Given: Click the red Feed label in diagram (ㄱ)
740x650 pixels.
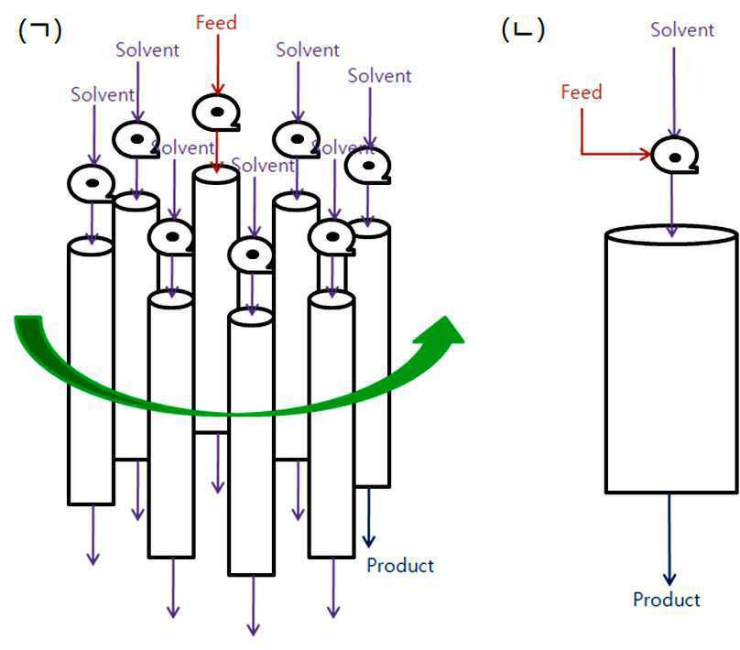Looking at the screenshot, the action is click(x=216, y=23).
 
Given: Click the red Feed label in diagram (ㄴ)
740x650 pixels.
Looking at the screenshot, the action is click(x=582, y=92).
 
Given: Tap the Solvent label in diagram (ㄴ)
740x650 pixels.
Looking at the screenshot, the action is click(x=682, y=29).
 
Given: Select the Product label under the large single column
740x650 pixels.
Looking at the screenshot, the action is click(x=667, y=600).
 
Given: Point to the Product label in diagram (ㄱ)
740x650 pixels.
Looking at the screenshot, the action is click(x=400, y=566).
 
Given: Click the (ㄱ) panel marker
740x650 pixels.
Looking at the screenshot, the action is click(x=40, y=30).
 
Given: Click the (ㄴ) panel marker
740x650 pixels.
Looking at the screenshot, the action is click(x=523, y=30).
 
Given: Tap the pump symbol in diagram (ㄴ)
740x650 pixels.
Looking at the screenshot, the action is click(x=674, y=156).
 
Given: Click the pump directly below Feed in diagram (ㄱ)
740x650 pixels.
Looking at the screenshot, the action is click(x=216, y=113).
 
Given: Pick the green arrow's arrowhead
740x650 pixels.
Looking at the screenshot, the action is click(x=441, y=330).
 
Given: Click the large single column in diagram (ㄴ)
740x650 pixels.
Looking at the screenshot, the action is click(x=671, y=360).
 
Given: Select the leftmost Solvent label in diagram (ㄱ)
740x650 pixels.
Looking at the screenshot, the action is click(x=103, y=95).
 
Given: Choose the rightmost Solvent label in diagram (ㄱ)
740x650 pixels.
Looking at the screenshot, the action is click(x=379, y=76).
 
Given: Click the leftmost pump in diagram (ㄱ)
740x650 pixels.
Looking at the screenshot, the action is click(x=92, y=184).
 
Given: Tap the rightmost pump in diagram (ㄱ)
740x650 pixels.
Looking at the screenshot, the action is click(x=367, y=166).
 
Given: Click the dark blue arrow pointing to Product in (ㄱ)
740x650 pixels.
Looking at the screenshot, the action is click(x=368, y=517).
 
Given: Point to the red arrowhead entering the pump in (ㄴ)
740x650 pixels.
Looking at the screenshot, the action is click(x=645, y=153).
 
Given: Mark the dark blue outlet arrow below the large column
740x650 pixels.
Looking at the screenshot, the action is click(x=669, y=539).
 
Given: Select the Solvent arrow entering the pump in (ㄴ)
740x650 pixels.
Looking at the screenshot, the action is click(x=674, y=92).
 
